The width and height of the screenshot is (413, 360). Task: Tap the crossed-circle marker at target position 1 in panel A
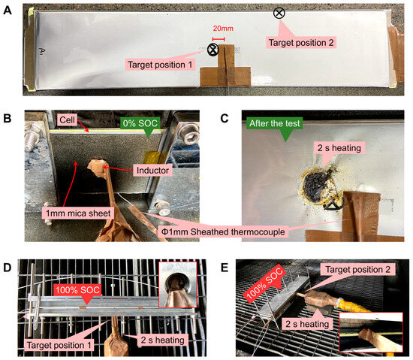tap(213, 50)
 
